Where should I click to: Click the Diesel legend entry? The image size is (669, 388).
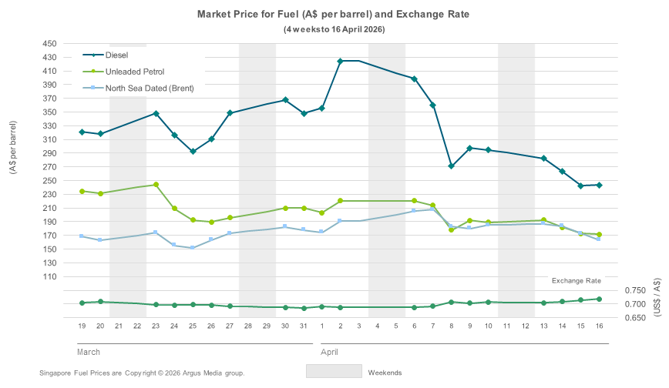pos(116,55)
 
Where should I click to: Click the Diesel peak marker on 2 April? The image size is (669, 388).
pos(341,61)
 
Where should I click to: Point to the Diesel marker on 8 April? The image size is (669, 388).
pos(451,166)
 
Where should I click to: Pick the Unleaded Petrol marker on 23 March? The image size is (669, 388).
pos(156,185)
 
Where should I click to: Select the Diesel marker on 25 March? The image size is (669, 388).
pos(193,152)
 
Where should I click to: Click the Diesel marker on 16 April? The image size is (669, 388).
pos(599,185)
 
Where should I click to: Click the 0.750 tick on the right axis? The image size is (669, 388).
pos(636,290)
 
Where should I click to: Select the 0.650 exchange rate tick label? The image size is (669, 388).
pos(636,318)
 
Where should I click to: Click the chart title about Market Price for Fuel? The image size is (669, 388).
pos(333,15)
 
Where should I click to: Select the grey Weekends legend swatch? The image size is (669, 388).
pos(334,370)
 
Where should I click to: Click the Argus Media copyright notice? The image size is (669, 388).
pos(142,373)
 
